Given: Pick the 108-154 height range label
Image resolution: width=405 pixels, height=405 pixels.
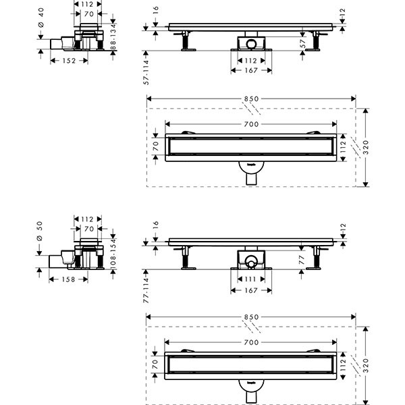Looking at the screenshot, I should [x=113, y=252].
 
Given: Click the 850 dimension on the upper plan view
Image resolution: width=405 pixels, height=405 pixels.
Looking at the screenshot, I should [x=252, y=99].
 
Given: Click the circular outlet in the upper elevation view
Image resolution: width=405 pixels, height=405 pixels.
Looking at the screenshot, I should [x=252, y=44].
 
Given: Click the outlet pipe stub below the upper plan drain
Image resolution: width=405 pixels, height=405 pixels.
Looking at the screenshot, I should [x=252, y=179].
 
